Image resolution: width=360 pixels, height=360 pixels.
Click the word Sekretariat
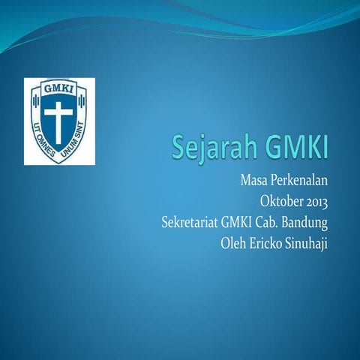pyautogui.click(x=191, y=223)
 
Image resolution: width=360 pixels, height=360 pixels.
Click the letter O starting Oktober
pyautogui.click(x=264, y=202)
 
